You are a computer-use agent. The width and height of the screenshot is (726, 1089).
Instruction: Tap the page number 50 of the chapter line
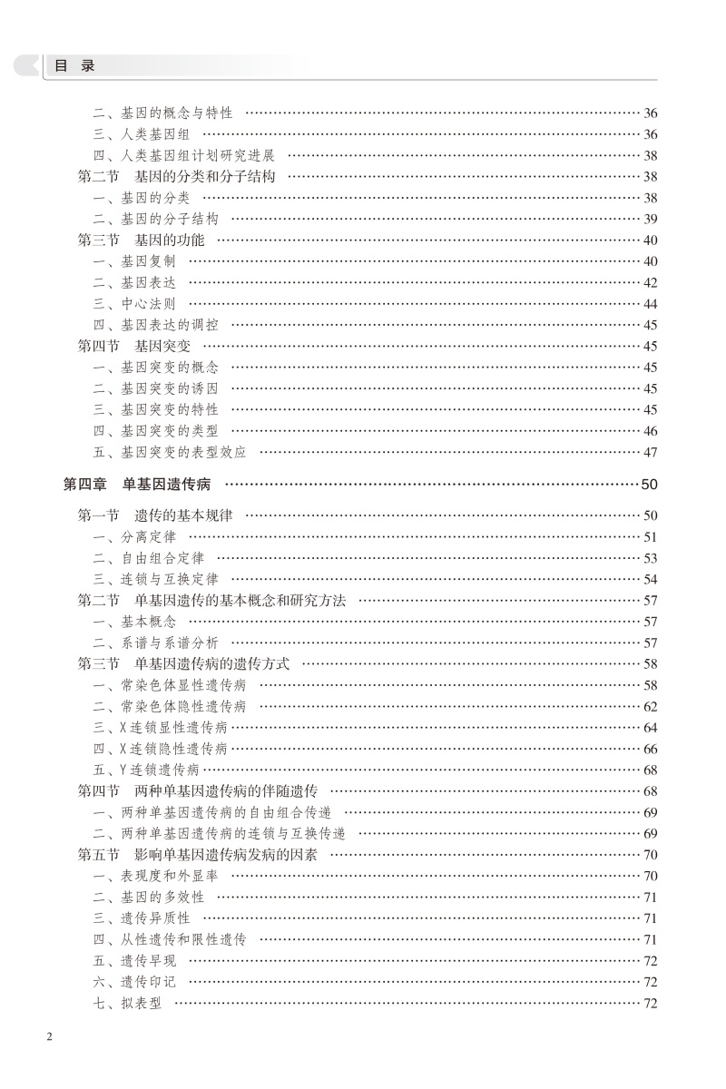[x=649, y=485]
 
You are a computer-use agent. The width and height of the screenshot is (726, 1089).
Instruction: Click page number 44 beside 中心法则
[x=650, y=304]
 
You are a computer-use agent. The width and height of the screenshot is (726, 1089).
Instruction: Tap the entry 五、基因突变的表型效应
[x=169, y=452]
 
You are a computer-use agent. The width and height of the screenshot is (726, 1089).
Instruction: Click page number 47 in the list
[x=650, y=452]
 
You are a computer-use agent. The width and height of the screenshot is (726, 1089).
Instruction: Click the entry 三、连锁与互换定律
[x=155, y=579]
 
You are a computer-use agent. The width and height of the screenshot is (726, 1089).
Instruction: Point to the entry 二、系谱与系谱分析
[x=155, y=643]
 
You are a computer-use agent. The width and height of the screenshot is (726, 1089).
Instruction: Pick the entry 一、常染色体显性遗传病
[x=169, y=685]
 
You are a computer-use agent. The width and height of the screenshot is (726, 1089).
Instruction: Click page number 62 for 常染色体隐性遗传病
[x=650, y=706]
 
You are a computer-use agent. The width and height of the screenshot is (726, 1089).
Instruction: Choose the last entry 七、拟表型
[x=127, y=1003]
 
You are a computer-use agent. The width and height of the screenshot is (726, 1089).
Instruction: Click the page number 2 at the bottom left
[x=50, y=1037]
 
